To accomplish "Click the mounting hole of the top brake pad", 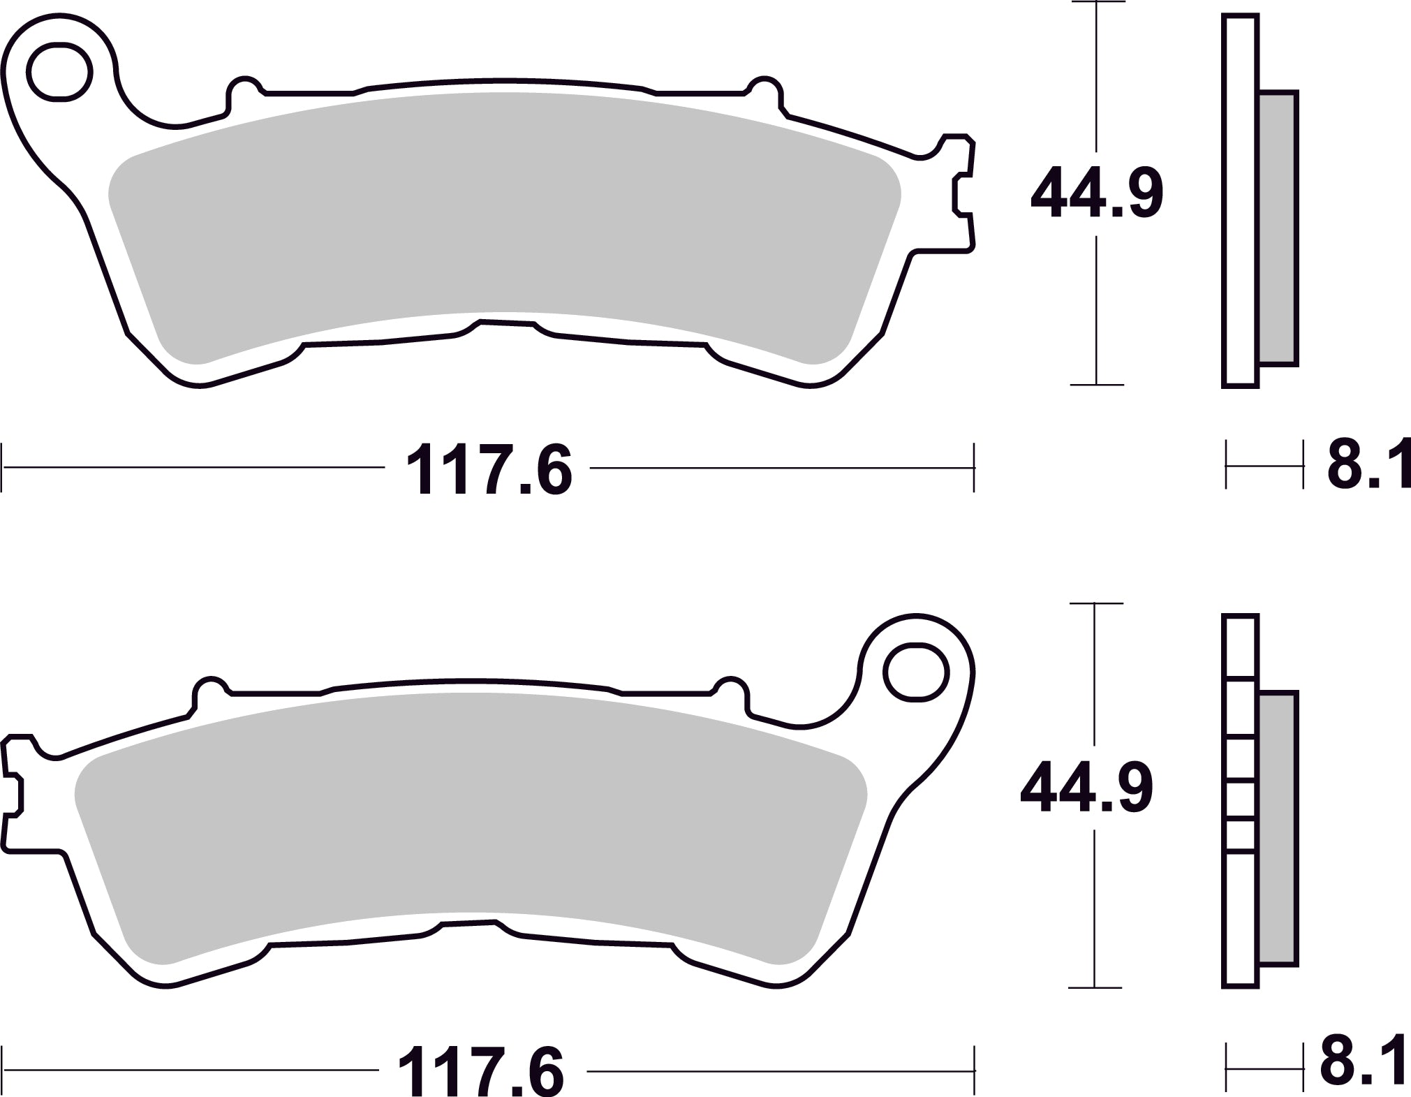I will [60, 72].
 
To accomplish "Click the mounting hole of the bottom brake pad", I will [916, 672].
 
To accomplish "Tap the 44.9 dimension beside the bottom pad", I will [1086, 790].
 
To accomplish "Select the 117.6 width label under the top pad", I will [489, 469].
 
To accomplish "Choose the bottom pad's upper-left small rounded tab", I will [210, 691].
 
